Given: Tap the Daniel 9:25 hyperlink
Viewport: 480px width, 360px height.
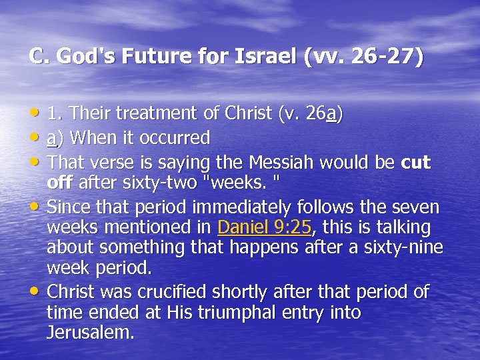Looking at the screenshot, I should (265, 227).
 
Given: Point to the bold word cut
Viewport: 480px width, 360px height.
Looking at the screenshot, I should (416, 163).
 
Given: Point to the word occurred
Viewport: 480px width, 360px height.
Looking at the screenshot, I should (174, 139).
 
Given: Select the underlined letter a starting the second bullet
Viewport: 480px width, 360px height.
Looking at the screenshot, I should (51, 139).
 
